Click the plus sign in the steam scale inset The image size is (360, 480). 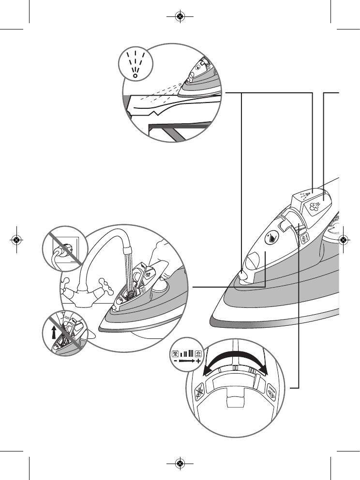coord(198,361)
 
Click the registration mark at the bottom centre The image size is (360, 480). coord(180,464)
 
